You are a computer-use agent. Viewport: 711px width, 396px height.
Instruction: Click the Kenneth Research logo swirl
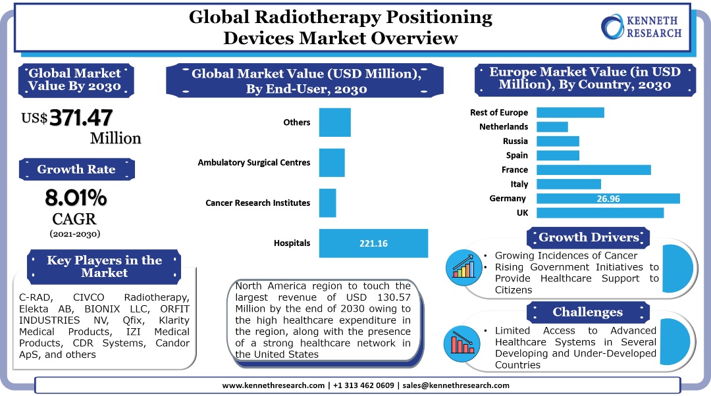click(x=613, y=27)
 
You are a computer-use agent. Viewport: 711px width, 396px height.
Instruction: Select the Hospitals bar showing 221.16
click(x=373, y=243)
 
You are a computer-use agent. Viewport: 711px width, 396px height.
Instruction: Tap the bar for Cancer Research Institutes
click(x=327, y=203)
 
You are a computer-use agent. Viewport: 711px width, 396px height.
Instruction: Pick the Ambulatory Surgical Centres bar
click(x=331, y=162)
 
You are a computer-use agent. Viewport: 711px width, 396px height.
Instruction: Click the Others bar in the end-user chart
click(x=334, y=122)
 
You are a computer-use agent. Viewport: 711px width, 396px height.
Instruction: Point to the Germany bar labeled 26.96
click(x=608, y=199)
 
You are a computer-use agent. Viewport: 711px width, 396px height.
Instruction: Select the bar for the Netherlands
click(x=552, y=127)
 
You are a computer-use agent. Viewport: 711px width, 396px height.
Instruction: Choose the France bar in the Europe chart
click(x=594, y=170)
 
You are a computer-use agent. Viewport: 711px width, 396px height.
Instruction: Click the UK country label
click(x=522, y=212)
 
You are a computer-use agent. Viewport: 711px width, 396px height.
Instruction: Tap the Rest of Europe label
click(x=499, y=112)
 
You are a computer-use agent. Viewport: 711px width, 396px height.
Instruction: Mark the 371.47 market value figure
click(x=81, y=118)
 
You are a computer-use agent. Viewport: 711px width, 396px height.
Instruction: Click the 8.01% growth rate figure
click(x=76, y=197)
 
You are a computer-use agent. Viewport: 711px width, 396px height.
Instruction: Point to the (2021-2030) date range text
click(x=75, y=234)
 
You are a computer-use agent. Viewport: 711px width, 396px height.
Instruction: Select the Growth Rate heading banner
click(x=76, y=170)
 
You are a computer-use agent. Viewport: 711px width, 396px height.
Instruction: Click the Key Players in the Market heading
click(x=104, y=266)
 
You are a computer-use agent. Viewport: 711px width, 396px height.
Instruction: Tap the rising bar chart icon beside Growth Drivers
click(x=463, y=267)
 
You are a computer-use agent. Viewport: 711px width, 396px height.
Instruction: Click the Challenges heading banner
click(x=588, y=312)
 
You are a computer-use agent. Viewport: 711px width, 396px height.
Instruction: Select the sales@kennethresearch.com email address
click(x=456, y=385)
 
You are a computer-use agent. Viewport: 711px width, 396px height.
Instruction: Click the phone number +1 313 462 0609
click(x=363, y=385)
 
